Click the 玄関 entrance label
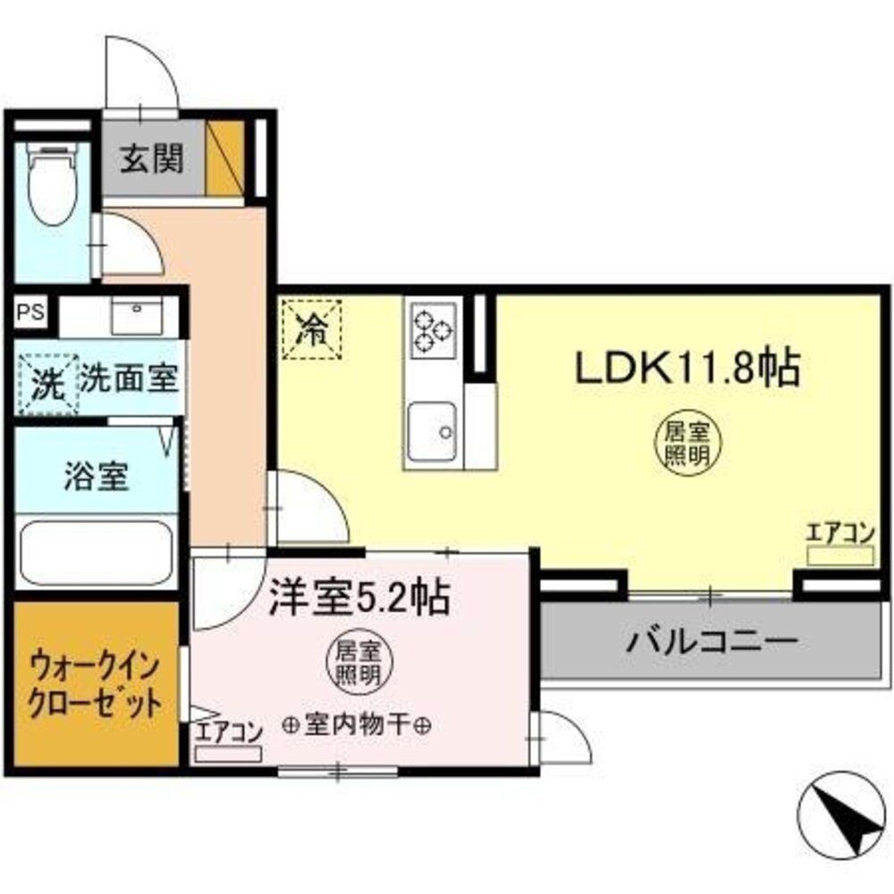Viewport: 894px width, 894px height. [152, 159]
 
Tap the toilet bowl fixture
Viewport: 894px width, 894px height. [53, 183]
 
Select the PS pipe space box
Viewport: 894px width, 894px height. [30, 313]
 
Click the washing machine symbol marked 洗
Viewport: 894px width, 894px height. [47, 384]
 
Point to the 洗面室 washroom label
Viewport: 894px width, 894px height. [129, 377]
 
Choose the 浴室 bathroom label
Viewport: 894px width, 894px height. [96, 477]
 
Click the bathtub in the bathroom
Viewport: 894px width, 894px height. [96, 551]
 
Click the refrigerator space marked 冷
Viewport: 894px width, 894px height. [312, 330]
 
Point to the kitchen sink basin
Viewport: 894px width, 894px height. [433, 431]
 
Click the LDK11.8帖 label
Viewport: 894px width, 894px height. [688, 367]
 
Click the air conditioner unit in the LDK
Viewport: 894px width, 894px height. [840, 555]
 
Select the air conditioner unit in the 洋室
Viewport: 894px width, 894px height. [228, 753]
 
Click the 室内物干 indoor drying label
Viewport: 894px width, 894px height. [358, 725]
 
